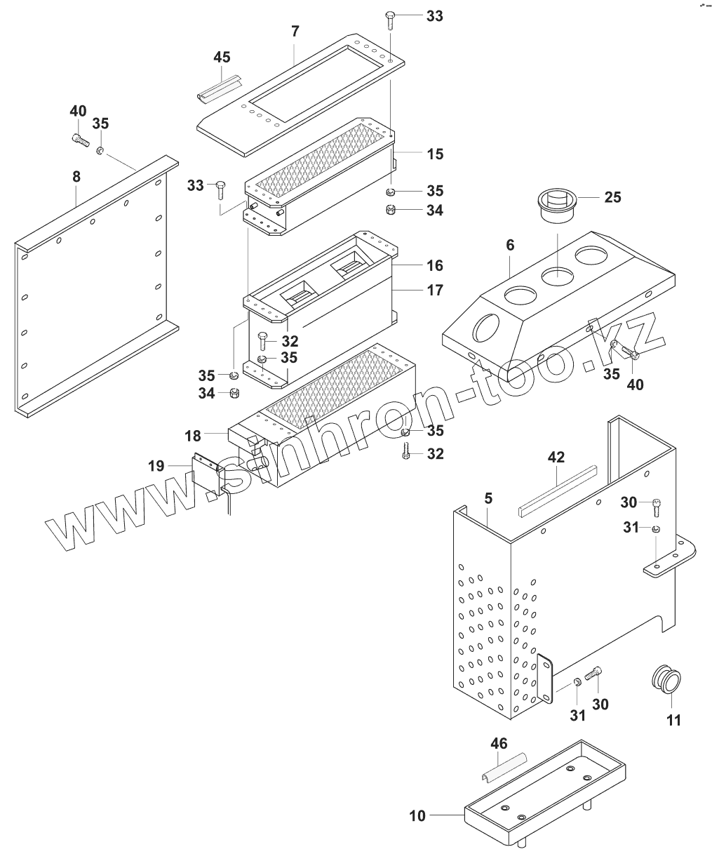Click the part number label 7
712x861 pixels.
point(295,32)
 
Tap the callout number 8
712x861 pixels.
point(76,178)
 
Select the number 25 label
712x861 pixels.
point(612,197)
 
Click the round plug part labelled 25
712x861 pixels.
point(559,203)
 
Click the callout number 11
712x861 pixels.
point(673,720)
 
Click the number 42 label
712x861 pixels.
point(556,458)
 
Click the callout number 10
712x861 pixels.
point(417,815)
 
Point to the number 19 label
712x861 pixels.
point(157,465)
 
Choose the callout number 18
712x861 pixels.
point(193,436)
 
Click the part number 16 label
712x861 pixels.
point(434,265)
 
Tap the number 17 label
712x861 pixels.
point(434,289)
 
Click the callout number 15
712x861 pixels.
point(434,154)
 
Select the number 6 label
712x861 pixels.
point(510,245)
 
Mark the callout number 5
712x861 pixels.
point(488,499)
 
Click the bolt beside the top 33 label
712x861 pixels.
point(391,20)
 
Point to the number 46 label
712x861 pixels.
point(499,743)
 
